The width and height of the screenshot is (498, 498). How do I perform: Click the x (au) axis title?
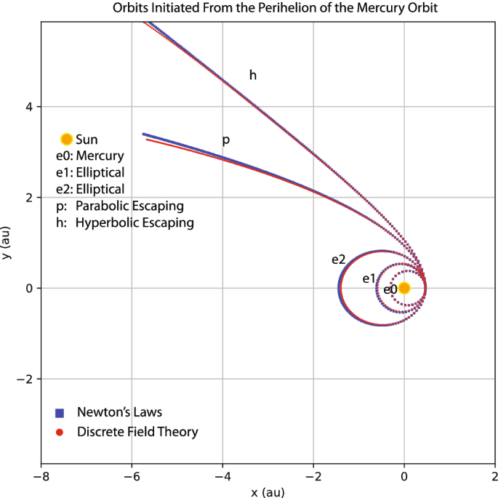pos(268,491)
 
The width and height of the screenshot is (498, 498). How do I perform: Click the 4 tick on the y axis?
pos(29,106)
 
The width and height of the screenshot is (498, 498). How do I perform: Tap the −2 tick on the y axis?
pos(26,379)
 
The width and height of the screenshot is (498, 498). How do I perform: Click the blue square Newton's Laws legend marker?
pos(60,412)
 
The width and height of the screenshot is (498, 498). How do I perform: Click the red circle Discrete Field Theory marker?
pos(60,432)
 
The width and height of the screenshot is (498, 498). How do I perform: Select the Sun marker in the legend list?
pos(66,139)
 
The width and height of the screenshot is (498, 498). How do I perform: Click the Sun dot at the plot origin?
pos(404,288)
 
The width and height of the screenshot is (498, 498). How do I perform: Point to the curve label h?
pos(253,75)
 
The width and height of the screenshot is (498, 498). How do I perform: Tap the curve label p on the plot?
pos(225,140)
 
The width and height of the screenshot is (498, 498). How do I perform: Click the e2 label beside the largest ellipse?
pos(338,260)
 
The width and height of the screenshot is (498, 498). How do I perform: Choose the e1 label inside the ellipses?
pos(369,278)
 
